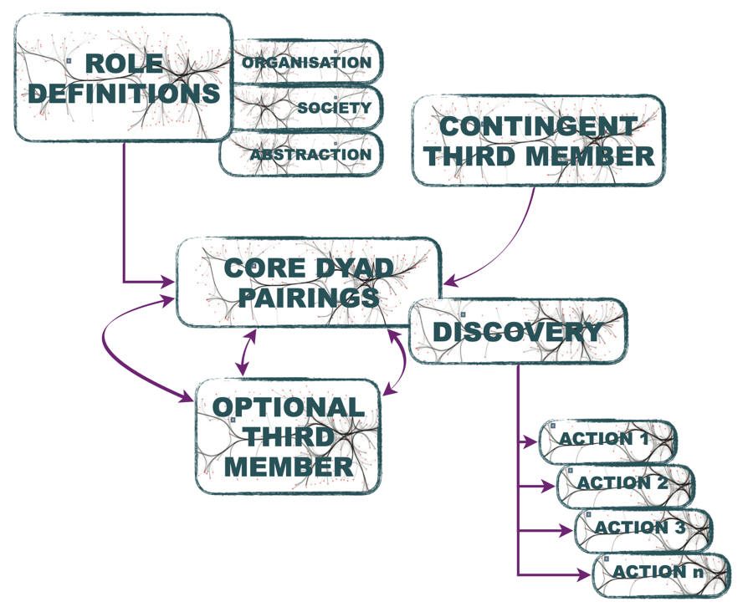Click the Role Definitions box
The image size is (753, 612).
(124, 77)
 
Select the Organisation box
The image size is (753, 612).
(308, 61)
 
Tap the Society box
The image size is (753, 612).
(308, 107)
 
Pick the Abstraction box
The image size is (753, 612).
(301, 154)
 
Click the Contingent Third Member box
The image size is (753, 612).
(538, 140)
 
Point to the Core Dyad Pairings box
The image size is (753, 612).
(308, 283)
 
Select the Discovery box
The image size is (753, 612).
(518, 331)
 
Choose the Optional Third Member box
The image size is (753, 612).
(288, 436)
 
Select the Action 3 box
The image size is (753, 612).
(643, 530)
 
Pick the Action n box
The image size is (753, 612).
(662, 575)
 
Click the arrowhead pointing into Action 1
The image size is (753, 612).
(530, 441)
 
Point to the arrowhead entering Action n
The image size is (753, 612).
(584, 574)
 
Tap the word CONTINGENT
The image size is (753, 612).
(538, 126)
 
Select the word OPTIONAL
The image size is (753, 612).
(288, 407)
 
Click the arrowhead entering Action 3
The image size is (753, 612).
(566, 530)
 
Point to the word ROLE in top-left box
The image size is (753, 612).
(124, 64)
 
